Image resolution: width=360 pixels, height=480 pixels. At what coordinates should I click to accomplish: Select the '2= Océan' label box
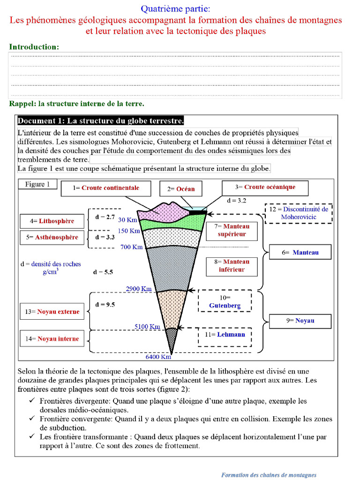[180, 189]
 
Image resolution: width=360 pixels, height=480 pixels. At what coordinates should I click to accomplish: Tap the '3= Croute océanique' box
[265, 187]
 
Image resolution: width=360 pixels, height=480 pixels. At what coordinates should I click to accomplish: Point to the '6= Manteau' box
[300, 253]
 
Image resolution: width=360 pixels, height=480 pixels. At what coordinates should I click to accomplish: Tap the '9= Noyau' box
[300, 321]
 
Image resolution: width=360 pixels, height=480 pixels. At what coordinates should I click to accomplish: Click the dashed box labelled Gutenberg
[225, 301]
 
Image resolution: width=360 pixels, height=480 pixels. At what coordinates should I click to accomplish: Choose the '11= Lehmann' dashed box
[225, 335]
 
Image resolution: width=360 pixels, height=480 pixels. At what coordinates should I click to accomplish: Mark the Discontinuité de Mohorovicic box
[299, 213]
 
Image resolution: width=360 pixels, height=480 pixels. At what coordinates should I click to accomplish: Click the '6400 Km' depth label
[158, 357]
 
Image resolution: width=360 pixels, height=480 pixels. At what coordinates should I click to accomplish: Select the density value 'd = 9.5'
[105, 305]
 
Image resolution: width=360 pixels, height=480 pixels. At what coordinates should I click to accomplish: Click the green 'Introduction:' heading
[34, 47]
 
